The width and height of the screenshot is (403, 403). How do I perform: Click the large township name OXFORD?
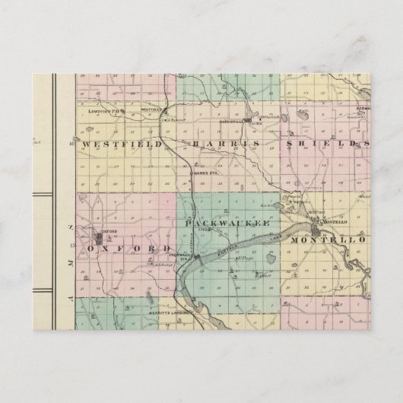click(129, 249)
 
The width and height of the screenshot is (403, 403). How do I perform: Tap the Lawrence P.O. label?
click(106, 109)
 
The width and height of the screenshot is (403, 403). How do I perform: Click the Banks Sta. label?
click(200, 173)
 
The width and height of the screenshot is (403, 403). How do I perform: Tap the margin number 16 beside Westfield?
click(71, 144)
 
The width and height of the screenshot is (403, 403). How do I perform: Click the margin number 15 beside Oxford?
click(71, 247)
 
